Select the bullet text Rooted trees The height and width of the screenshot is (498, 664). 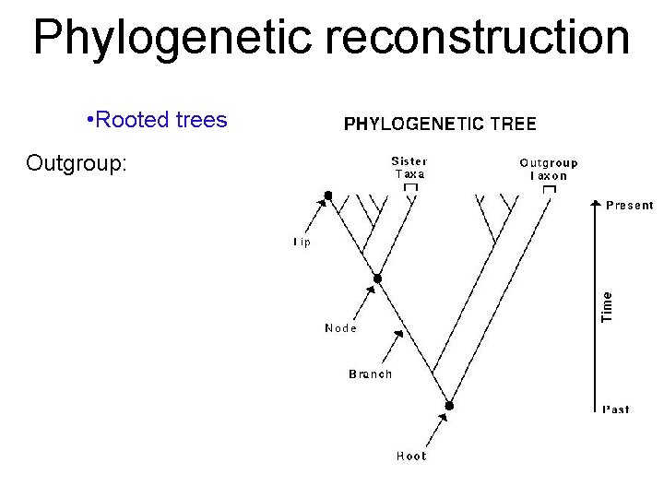[x=160, y=120]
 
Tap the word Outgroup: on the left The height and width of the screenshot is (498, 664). [x=77, y=163]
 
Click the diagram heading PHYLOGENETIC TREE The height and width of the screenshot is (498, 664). [x=440, y=123]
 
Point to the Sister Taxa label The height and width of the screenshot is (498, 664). [x=409, y=167]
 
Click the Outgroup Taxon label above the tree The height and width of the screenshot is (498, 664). [x=549, y=169]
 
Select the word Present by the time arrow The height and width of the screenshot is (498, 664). [x=630, y=206]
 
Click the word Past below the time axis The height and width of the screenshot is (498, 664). [x=616, y=409]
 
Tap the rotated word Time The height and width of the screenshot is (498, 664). [x=607, y=306]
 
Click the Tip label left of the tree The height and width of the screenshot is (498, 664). [x=302, y=243]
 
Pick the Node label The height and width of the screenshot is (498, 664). [x=340, y=327]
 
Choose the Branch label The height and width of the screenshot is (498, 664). [x=370, y=373]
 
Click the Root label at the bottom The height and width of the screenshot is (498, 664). [x=411, y=456]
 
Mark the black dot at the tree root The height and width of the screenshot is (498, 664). [x=450, y=406]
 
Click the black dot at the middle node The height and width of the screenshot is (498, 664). [x=376, y=278]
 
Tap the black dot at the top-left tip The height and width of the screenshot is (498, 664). [x=327, y=196]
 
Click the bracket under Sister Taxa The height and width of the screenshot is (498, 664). [x=410, y=187]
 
